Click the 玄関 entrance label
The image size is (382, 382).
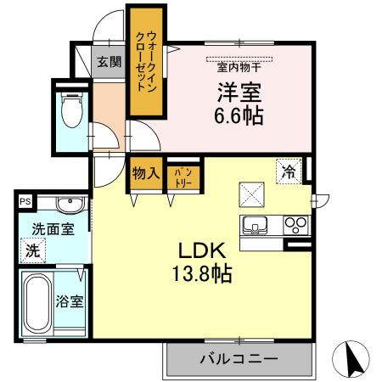click(x=108, y=62)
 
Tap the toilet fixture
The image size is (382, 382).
click(x=70, y=108)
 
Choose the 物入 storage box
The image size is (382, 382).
click(x=144, y=173)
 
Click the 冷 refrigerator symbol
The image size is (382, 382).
click(x=289, y=171)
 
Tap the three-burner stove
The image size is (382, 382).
click(x=295, y=226)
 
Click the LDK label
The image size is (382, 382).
click(x=200, y=250)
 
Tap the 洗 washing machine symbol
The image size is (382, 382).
click(x=32, y=251)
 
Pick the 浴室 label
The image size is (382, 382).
click(x=70, y=301)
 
